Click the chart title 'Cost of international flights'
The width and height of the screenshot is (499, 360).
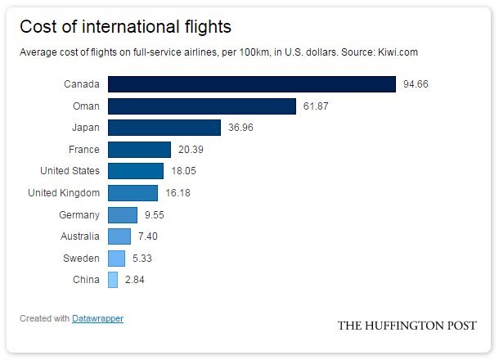125,26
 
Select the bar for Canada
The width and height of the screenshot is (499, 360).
252,84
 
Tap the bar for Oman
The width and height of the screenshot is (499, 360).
201,106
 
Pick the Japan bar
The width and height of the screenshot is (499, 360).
164,128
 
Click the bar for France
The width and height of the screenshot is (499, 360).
139,150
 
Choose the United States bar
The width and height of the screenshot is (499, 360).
136,171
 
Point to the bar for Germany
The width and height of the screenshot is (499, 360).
123,215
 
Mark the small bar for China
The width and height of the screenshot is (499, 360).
113,280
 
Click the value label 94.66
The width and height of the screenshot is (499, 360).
417,84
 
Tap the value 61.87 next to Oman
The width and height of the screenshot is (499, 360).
317,106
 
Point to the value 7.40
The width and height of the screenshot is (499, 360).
149,236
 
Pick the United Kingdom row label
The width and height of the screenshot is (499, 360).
64,193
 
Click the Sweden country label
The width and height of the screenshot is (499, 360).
83,259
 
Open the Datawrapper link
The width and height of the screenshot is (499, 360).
97,318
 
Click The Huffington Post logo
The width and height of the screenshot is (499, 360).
407,326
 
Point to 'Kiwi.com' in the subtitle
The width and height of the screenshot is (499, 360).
398,52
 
